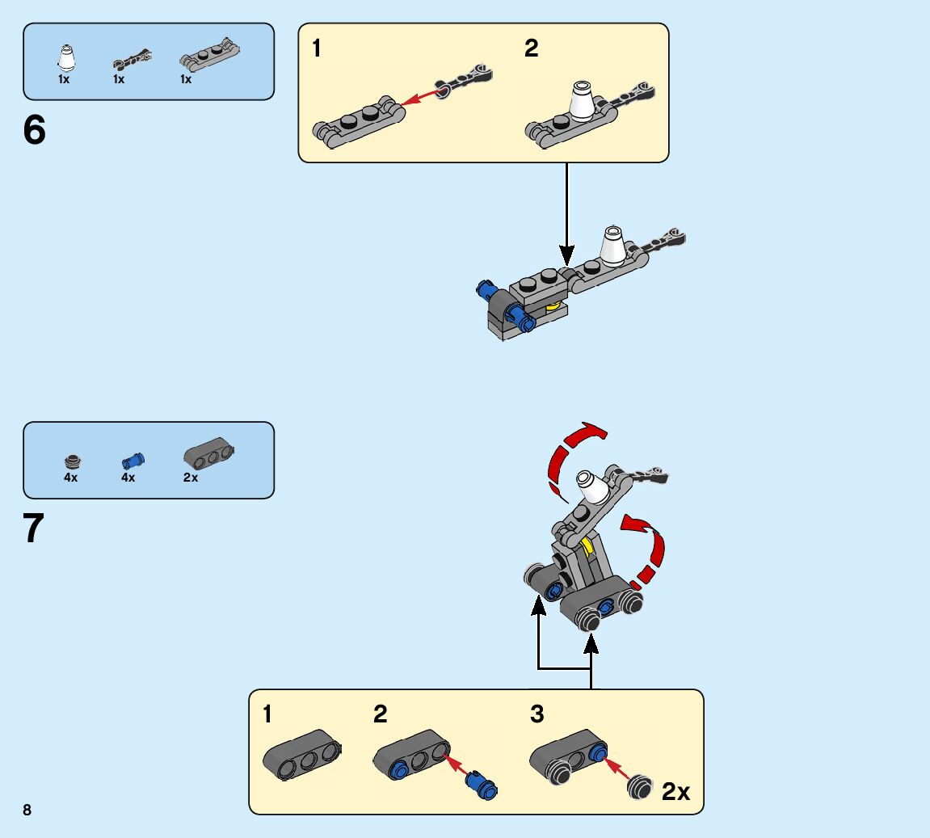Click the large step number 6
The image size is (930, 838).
coord(34,131)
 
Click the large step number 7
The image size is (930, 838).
coord(34,529)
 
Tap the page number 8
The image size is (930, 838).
coord(27,810)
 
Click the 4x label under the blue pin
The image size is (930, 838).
coord(128,478)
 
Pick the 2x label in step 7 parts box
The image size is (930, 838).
coord(191,478)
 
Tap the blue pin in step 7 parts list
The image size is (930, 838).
coord(131,461)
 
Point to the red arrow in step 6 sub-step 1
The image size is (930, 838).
coord(420,97)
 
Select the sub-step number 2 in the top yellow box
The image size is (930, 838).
coord(531,48)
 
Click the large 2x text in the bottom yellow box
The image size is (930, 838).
coord(675,791)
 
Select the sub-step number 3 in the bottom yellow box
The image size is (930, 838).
coord(537,714)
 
